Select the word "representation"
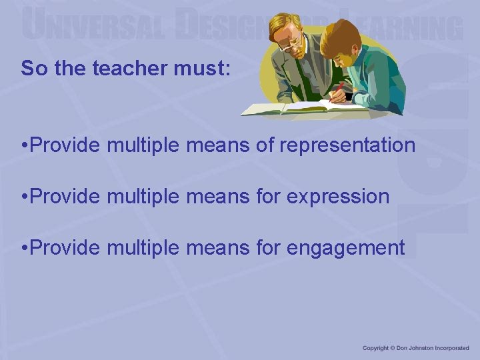point(347,145)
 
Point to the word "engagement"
point(346,248)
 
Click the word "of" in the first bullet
point(265,145)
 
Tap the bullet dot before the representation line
point(23,145)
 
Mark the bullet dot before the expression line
point(23,197)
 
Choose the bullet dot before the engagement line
point(23,248)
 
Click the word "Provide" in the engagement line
point(65,248)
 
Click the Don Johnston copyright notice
point(415,348)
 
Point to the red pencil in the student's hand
point(340,89)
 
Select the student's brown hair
point(340,37)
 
